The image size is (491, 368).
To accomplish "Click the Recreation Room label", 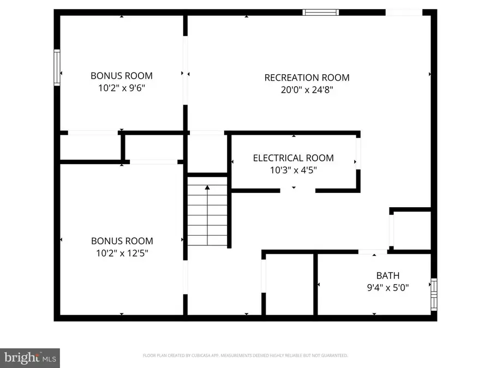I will click(307, 77).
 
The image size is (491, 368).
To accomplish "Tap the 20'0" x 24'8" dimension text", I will click(307, 89).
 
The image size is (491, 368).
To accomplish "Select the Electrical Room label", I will click(293, 158).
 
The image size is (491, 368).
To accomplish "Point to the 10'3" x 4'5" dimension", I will click(293, 170).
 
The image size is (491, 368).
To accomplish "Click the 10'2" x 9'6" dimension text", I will click(121, 87).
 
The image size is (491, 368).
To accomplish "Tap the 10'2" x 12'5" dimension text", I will click(121, 252).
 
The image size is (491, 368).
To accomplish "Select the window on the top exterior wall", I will click(321, 12).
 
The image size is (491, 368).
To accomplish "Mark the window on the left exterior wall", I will click(57, 67).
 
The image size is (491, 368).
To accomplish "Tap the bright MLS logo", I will click(30, 358).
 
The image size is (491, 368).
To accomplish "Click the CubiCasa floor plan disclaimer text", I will click(245, 355).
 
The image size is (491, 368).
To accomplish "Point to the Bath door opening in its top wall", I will click(373, 251).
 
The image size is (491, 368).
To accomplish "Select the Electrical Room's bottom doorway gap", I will click(298, 190).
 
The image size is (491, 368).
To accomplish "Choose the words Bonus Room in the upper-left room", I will click(121, 76).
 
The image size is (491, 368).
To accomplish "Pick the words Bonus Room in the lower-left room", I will click(121, 241).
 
